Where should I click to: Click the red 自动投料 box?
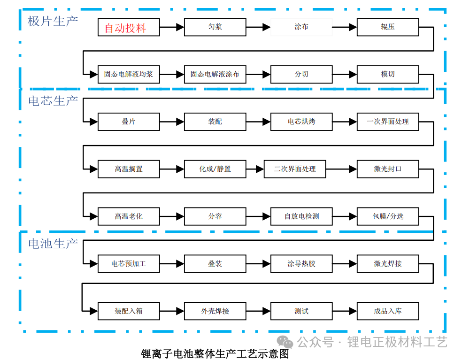(x=129, y=27)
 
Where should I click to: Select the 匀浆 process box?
(x=215, y=27)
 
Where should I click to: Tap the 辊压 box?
(x=388, y=27)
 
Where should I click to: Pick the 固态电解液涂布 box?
(x=215, y=74)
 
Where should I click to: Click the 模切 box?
(x=388, y=74)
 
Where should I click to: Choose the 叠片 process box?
(x=129, y=122)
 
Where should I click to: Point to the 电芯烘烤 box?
(x=301, y=122)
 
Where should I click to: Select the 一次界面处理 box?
(x=388, y=122)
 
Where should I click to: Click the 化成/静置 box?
(x=215, y=169)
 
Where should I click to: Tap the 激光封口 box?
(x=388, y=169)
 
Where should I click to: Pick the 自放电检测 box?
(x=301, y=216)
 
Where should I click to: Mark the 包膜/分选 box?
(x=388, y=216)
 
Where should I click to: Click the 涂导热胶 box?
(x=301, y=264)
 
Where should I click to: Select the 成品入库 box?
(x=388, y=311)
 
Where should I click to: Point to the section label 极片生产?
(x=53, y=22)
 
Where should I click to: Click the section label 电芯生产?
(x=53, y=101)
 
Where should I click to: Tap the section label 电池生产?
(x=53, y=244)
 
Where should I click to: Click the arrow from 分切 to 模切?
(x=345, y=74)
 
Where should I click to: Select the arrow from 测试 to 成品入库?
(x=345, y=311)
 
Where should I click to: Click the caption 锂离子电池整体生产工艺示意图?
(x=215, y=353)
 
